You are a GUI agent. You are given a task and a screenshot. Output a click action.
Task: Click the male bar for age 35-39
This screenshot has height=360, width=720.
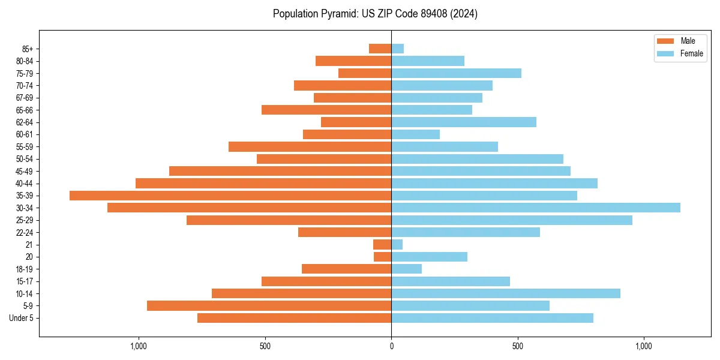pyautogui.click(x=230, y=196)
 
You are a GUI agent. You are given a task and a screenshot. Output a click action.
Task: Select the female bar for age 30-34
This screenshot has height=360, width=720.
pyautogui.click(x=536, y=208)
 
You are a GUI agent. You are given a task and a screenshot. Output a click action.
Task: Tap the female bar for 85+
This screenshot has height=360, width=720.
pyautogui.click(x=398, y=49)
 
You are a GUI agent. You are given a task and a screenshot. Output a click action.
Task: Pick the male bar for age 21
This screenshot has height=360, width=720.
pyautogui.click(x=382, y=244)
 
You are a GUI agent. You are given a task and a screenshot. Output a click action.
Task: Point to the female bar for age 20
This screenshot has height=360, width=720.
pyautogui.click(x=429, y=257)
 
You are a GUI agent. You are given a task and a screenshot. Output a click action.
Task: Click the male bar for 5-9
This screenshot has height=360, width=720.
pyautogui.click(x=269, y=305)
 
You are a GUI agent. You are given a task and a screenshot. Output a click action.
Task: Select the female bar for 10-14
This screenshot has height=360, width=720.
pyautogui.click(x=506, y=293)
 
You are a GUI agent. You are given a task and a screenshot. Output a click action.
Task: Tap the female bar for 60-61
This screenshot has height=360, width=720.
pyautogui.click(x=415, y=134)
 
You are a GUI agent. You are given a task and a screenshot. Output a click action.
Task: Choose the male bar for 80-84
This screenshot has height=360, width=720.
pyautogui.click(x=353, y=61)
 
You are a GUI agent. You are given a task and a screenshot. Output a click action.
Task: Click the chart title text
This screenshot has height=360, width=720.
pyautogui.click(x=375, y=14)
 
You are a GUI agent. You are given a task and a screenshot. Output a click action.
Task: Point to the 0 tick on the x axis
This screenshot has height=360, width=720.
pyautogui.click(x=391, y=346)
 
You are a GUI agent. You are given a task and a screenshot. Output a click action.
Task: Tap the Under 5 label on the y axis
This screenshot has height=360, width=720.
pyautogui.click(x=21, y=318)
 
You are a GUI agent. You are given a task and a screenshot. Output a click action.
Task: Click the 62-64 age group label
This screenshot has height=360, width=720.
pyautogui.click(x=25, y=122)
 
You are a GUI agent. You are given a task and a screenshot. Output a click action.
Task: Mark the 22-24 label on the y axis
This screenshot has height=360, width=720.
pyautogui.click(x=25, y=232)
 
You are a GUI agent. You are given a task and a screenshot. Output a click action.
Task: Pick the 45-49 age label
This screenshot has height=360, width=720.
pyautogui.click(x=25, y=171)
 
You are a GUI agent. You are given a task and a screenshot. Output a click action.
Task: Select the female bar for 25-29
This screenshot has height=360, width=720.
pyautogui.click(x=512, y=220)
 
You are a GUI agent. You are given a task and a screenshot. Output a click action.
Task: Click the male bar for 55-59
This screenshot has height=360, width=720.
pyautogui.click(x=310, y=146)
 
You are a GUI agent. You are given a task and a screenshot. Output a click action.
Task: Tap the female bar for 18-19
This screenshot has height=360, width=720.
pyautogui.click(x=406, y=269)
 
